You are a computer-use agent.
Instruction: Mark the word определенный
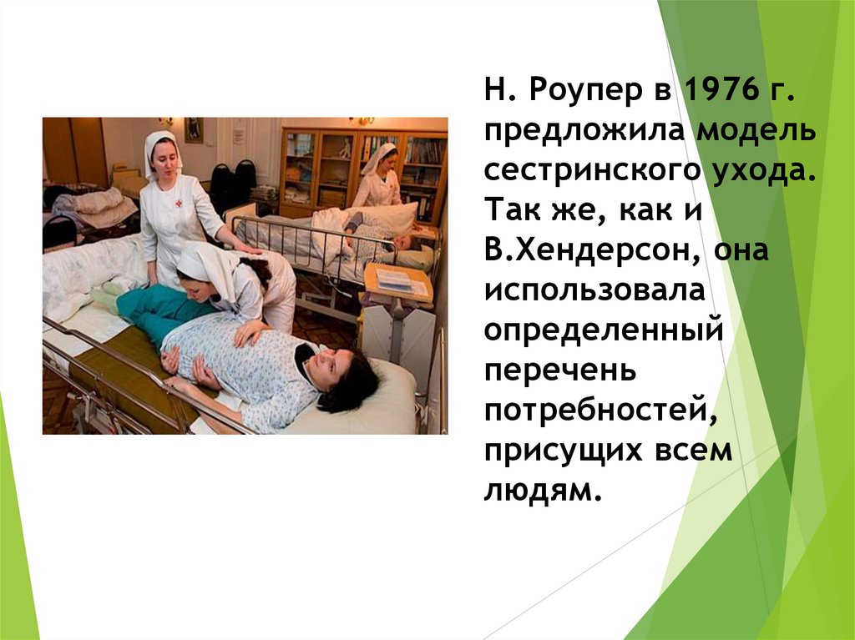point(601,331)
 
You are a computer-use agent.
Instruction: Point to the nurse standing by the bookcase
point(377,176)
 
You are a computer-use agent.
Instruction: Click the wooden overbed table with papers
point(397,282)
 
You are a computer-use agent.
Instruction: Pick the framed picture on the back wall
point(194,129)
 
